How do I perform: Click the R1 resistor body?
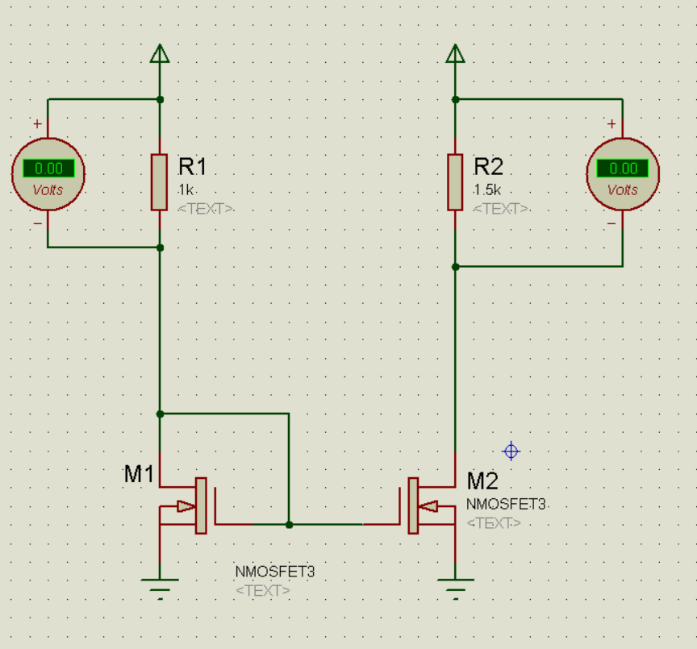coord(159,182)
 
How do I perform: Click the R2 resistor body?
coord(455,182)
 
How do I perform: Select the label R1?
coord(193,167)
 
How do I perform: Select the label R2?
coord(488,167)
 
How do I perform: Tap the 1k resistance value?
coord(186,190)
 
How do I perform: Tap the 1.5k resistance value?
coord(487,190)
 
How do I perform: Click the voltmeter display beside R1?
coord(48,168)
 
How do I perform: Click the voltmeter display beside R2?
coord(622,168)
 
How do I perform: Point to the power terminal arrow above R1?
coord(160,53)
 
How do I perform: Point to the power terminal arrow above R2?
coord(455,53)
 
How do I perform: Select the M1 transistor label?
coord(139,474)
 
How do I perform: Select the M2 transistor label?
coord(482,481)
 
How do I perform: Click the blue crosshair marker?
coord(511,451)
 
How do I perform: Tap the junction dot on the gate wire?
coord(289,525)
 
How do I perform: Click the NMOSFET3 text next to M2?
coord(506,505)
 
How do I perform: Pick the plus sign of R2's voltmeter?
coord(611,123)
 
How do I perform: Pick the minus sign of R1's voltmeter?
coord(38,223)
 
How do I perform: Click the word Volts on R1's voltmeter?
coord(48,190)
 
